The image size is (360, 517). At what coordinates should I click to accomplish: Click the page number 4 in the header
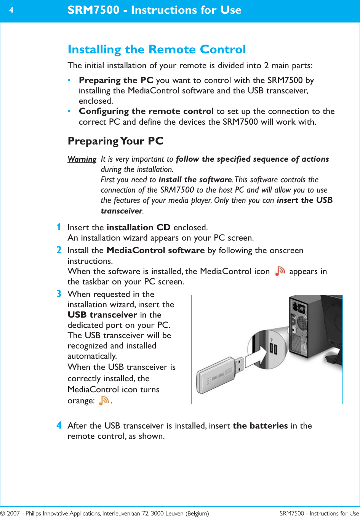pos(11,10)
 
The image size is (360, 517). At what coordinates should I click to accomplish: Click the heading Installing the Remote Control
pos(157,50)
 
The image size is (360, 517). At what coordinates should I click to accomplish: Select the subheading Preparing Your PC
pos(115,141)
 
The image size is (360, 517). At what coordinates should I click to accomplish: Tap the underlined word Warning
pos(82,159)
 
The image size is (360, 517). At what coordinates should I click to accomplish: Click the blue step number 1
pos(59,227)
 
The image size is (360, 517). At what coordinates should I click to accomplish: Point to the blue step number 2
pos(59,250)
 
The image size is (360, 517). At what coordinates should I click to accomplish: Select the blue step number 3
pos(59,294)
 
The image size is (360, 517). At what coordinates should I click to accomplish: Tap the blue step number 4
pos(59,425)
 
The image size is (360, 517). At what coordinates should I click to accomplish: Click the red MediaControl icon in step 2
pos(280,271)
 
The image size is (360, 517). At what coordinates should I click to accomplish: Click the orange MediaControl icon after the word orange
pos(104,400)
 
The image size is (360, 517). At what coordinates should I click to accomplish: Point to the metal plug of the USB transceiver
pos(239,364)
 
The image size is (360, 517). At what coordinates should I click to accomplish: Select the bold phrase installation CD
pos(138,228)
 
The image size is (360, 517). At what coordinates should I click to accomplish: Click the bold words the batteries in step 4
pos(260,426)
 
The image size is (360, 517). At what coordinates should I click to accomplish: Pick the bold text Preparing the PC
pos(116,80)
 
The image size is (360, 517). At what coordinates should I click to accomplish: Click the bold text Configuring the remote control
pos(146,111)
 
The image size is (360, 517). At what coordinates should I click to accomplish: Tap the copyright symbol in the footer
pos(3,514)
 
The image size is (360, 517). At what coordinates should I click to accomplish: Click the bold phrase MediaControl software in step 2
pos(155,250)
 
